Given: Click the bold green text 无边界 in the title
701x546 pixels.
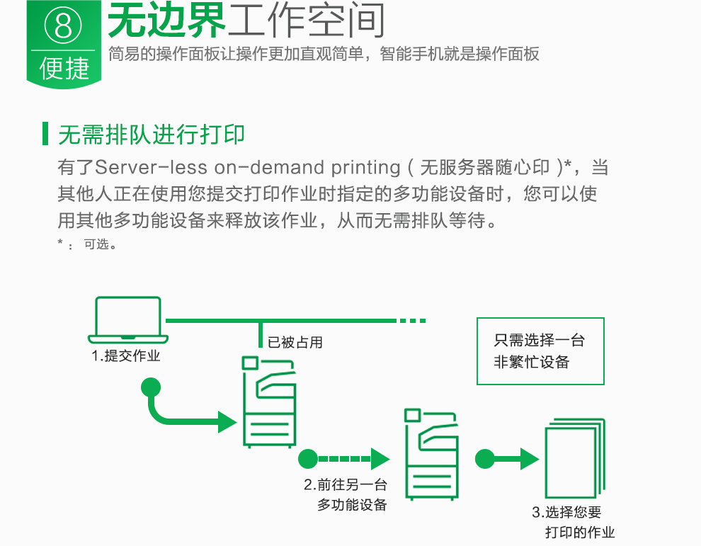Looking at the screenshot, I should click(x=166, y=21).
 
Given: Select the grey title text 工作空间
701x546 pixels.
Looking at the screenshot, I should click(x=306, y=21).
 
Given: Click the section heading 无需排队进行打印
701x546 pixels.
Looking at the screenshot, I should click(x=152, y=134).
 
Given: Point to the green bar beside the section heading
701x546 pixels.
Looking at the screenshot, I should click(x=45, y=134).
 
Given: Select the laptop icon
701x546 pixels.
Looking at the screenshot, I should click(x=127, y=321).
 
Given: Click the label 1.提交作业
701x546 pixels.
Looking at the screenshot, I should click(x=126, y=356).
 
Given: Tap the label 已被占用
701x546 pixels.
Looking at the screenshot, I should click(x=295, y=343).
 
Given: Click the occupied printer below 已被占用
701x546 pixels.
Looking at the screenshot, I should click(x=268, y=402).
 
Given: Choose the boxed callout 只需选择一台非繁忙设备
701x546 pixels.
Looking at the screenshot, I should click(x=540, y=351).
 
